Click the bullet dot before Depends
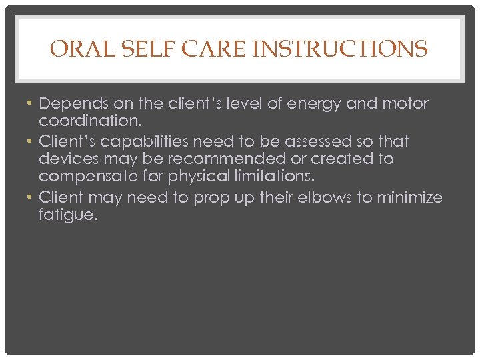coord(31,103)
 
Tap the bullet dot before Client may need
coord(31,197)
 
